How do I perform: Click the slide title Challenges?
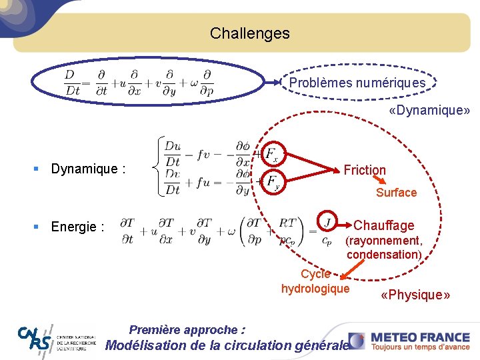click(249, 33)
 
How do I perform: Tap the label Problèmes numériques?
click(357, 83)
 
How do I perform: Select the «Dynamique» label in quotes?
click(429, 110)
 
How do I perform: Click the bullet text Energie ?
click(77, 227)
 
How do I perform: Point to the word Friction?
click(365, 170)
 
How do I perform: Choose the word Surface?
click(396, 193)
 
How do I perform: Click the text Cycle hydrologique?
click(315, 281)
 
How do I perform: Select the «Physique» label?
click(415, 295)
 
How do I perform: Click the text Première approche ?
click(187, 330)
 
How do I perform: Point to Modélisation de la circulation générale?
click(227, 345)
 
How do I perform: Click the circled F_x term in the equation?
click(271, 154)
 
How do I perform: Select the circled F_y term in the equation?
click(271, 181)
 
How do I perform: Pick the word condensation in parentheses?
click(383, 254)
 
